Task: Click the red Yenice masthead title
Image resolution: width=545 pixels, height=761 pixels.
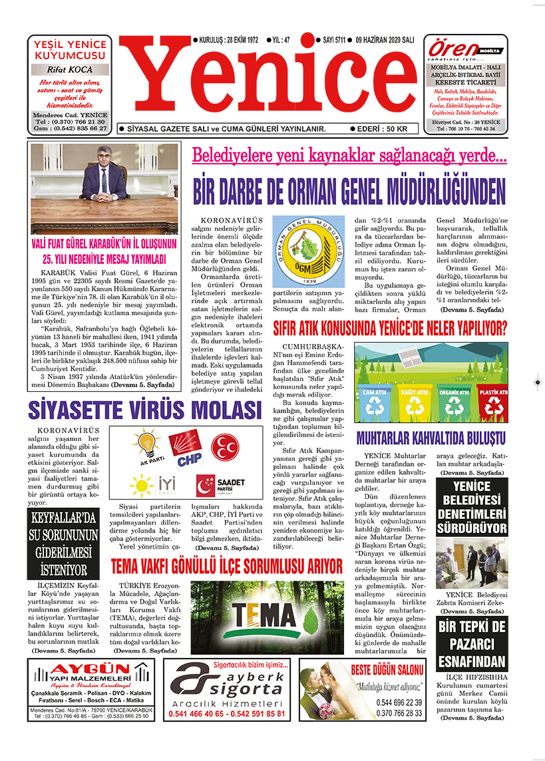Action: click(271, 80)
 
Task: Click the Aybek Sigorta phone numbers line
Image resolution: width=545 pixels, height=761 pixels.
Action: click(228, 713)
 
